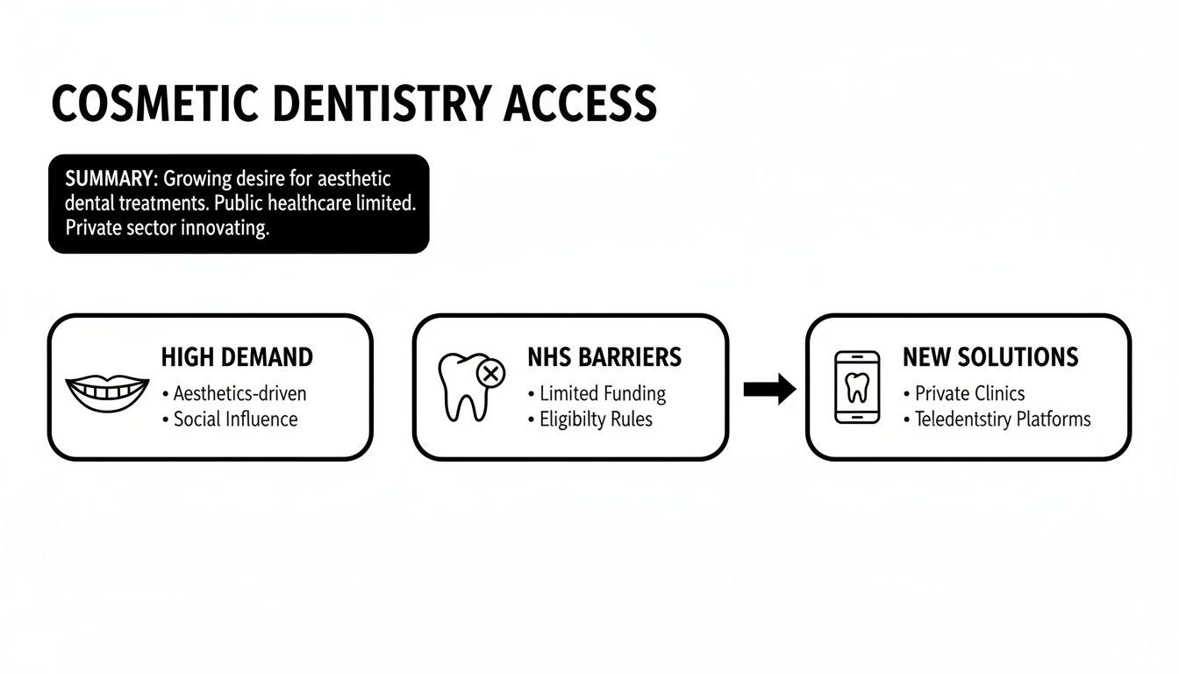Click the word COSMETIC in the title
[154, 104]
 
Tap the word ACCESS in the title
[580, 104]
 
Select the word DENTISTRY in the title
[382, 104]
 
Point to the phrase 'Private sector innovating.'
[167, 228]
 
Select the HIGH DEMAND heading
[237, 357]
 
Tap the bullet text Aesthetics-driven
[239, 393]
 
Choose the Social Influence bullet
[235, 419]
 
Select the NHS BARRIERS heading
[604, 357]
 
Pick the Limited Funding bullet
[602, 393]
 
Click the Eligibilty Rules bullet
[596, 419]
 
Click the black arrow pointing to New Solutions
[768, 388]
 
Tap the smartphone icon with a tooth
[857, 387]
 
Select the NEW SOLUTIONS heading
[990, 357]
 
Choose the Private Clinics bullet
[969, 393]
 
